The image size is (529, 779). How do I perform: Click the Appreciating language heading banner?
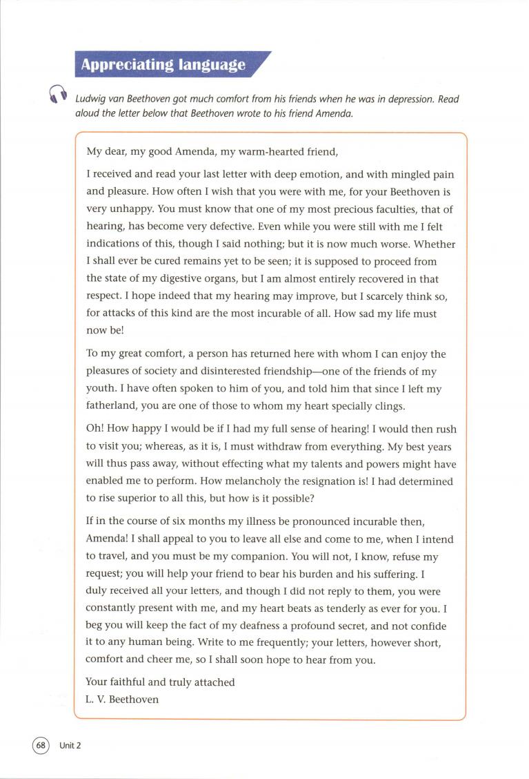163,65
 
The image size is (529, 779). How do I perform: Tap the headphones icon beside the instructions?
57,94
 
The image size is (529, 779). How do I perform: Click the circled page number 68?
41,745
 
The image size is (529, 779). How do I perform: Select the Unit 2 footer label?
70,746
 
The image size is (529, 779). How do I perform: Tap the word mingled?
372,175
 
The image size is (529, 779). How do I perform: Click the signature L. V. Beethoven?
122,699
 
